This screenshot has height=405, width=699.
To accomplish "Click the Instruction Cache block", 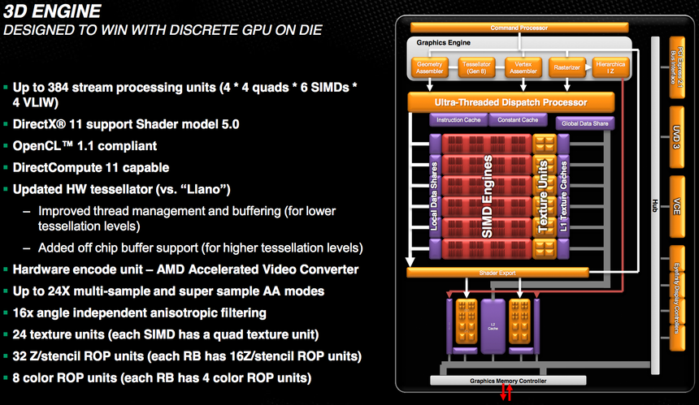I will point(458,120).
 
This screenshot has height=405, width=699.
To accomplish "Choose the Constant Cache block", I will point(517,120).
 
